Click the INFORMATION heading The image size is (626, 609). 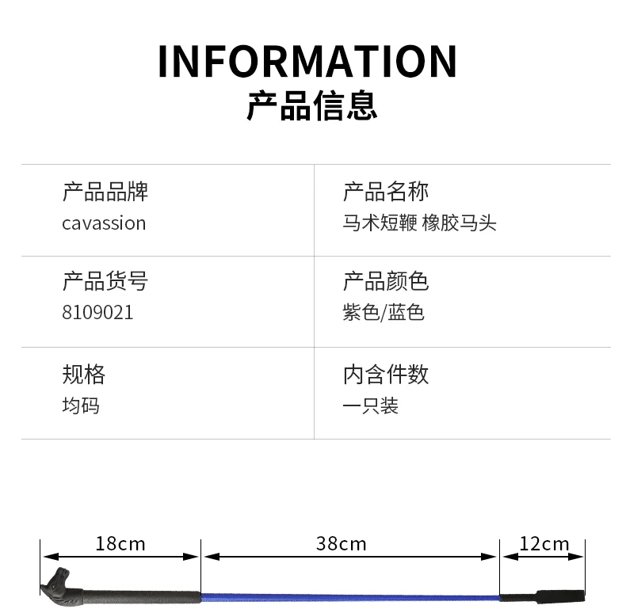click(307, 61)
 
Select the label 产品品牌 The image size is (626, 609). click(105, 192)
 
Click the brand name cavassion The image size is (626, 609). click(104, 223)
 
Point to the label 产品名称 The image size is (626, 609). click(385, 192)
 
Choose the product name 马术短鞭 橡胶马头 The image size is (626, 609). click(419, 223)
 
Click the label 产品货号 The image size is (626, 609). click(105, 282)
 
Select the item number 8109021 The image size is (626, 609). click(97, 313)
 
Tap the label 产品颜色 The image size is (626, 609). click(385, 282)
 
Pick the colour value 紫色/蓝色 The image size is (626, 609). click(384, 313)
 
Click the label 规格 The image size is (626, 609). click(83, 374)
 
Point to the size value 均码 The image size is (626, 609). click(81, 405)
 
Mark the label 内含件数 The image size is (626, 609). click(385, 374)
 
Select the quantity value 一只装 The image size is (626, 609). click(370, 405)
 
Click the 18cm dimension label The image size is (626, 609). click(120, 543)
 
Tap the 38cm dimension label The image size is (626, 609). click(341, 543)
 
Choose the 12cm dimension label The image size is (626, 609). click(544, 543)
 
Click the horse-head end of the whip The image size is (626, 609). click(58, 584)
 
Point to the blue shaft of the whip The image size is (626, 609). click(349, 596)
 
